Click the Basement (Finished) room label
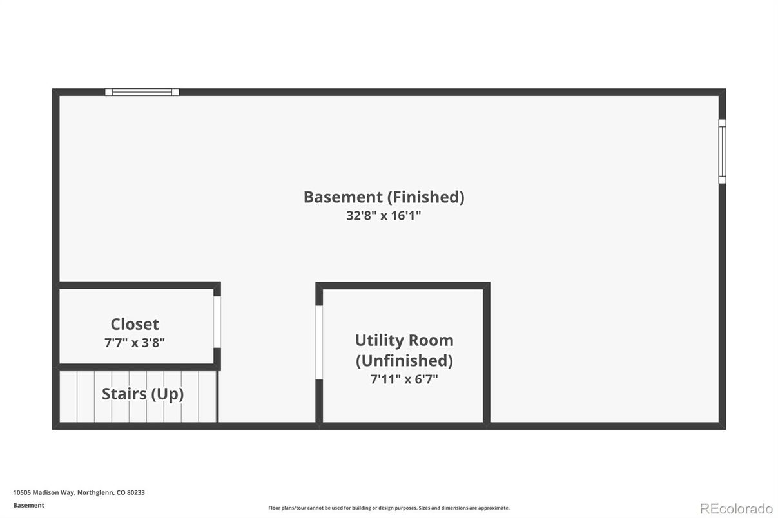point(384,197)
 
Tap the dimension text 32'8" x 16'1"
point(384,216)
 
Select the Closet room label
point(135,324)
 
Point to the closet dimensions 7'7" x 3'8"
point(135,343)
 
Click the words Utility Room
point(404,340)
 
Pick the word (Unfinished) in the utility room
point(404,360)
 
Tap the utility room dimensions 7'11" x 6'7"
point(404,379)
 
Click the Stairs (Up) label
point(142,394)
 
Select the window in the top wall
point(142,92)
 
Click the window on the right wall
point(722,151)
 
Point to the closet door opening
point(217,322)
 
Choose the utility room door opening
point(319,343)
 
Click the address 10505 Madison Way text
point(44,492)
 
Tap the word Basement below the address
point(29,506)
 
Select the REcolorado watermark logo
point(736,508)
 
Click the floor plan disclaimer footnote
point(389,508)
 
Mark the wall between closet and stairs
point(138,367)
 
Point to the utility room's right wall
point(487,356)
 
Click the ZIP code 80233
point(136,492)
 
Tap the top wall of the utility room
point(403,285)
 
